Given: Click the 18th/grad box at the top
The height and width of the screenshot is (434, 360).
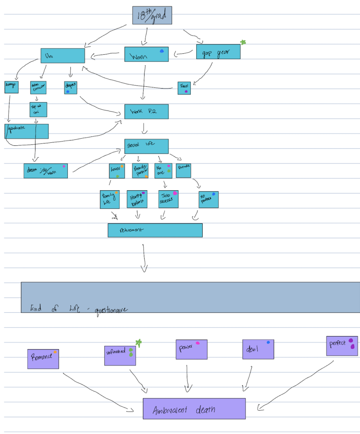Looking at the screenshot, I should pyautogui.click(x=152, y=15).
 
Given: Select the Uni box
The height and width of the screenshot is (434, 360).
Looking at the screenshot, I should pyautogui.click(x=63, y=56).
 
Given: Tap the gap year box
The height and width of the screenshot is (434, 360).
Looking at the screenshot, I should pyautogui.click(x=218, y=52).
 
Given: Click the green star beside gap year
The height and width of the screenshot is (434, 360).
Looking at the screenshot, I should pyautogui.click(x=243, y=42).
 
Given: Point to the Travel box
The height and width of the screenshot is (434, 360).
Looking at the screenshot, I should pyautogui.click(x=184, y=88).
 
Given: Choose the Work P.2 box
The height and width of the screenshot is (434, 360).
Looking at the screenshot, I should pyautogui.click(x=146, y=111).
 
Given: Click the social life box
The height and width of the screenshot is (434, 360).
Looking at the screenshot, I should pyautogui.click(x=146, y=146).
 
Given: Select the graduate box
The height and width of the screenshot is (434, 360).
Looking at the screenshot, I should pyautogui.click(x=27, y=131).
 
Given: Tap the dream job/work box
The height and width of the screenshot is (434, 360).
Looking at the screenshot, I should pyautogui.click(x=45, y=170).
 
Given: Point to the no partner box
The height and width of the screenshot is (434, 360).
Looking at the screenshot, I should pyautogui.click(x=209, y=200).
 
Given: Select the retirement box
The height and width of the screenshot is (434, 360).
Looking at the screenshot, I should pyautogui.click(x=155, y=230).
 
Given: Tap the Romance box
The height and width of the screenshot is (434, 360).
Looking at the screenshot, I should pyautogui.click(x=43, y=359).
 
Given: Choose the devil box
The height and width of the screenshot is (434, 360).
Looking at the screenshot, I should pyautogui.click(x=258, y=349).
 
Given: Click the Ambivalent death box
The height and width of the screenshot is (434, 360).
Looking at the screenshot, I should pyautogui.click(x=194, y=409).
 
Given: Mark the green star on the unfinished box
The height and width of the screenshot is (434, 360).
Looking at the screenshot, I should pyautogui.click(x=138, y=342).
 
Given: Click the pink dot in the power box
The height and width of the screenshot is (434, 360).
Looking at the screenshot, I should pyautogui.click(x=198, y=343).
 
